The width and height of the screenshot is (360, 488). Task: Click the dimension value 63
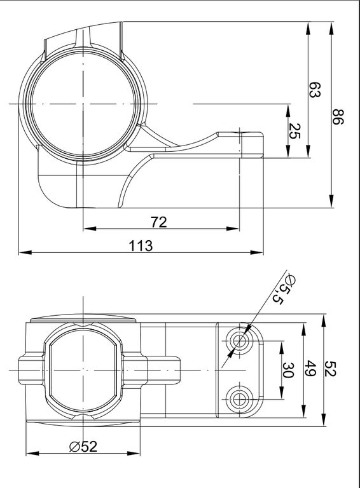pyautogui.click(x=315, y=90)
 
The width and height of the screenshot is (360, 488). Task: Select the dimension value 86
pyautogui.click(x=338, y=116)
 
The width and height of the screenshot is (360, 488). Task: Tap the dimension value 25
pyautogui.click(x=294, y=131)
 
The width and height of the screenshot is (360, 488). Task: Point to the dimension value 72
pyautogui.click(x=159, y=222)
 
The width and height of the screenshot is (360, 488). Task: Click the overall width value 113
pyautogui.click(x=141, y=246)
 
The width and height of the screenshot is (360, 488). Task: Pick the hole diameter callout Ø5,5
pyautogui.click(x=283, y=290)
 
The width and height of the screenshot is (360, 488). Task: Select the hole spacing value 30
pyautogui.click(x=288, y=370)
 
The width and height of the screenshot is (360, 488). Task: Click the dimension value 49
pyautogui.click(x=310, y=369)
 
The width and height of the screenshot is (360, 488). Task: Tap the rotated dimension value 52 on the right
pyautogui.click(x=330, y=369)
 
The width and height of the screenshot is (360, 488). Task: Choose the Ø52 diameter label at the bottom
pyautogui.click(x=83, y=447)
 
